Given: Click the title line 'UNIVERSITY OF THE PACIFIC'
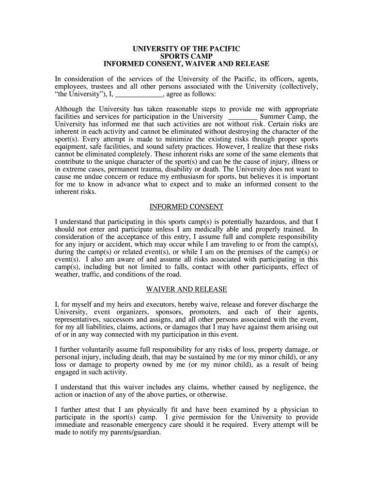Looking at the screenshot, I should point(186,49).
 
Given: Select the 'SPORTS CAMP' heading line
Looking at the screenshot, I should point(186,57).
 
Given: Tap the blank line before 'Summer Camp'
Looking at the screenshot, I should point(242,117).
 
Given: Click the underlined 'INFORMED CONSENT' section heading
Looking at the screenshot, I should point(186,207).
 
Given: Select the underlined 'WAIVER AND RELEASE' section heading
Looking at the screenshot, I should point(186,290).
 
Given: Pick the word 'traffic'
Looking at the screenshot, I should point(98,274).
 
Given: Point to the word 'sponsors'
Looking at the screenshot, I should point(164,312).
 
